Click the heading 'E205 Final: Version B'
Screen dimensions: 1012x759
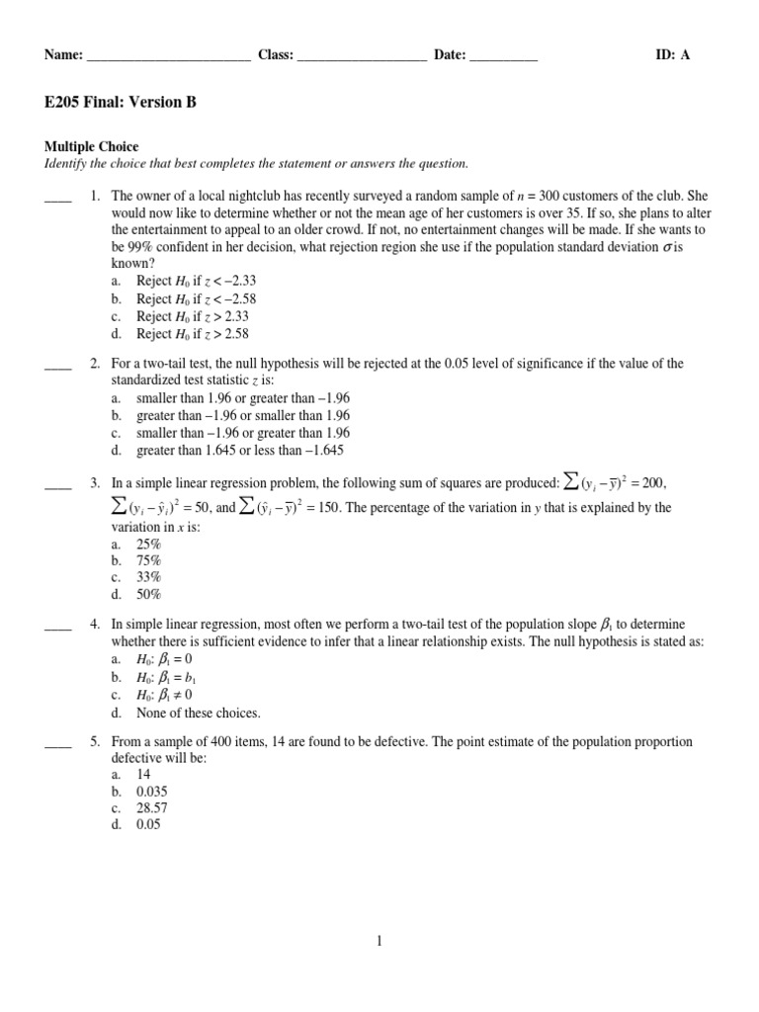[x=120, y=102]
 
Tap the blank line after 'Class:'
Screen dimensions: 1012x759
[x=361, y=57]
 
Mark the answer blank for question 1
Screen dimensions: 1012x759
[x=58, y=198]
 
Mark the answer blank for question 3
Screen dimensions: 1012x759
[x=58, y=484]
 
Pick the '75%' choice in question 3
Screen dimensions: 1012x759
[x=149, y=559]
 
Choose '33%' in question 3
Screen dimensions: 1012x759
[x=149, y=577]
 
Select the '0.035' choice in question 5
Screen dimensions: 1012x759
[x=153, y=793]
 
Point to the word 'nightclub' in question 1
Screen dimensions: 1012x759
[x=247, y=197]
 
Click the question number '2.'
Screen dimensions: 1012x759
[x=96, y=364]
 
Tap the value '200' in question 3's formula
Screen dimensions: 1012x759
[x=653, y=482]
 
